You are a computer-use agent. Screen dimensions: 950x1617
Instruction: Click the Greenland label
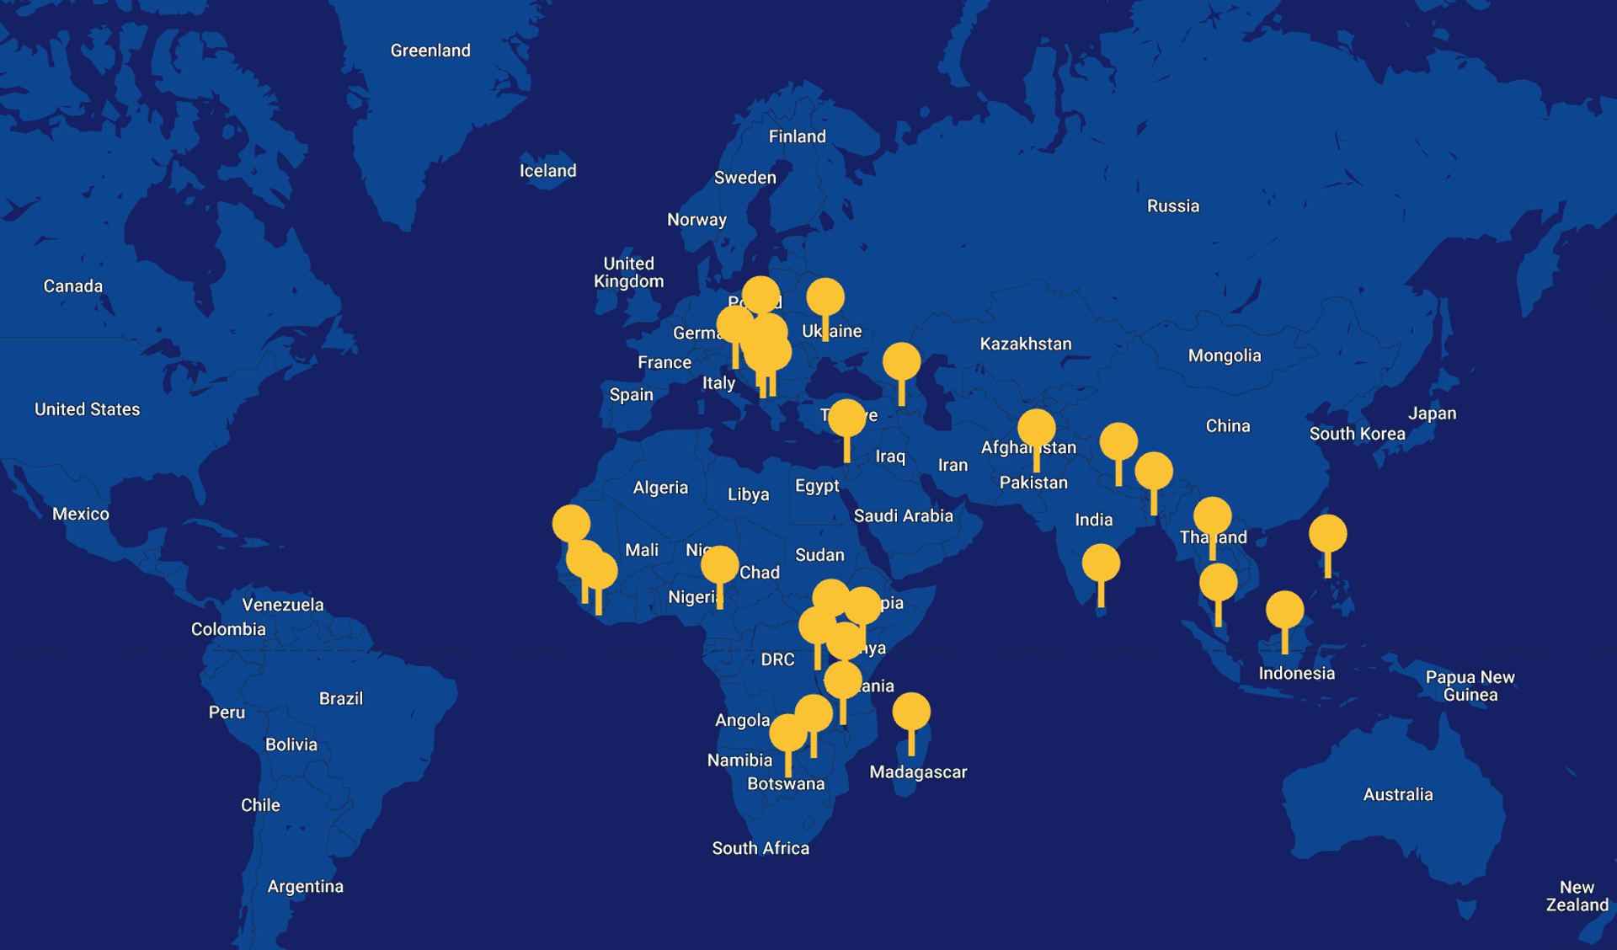coord(430,51)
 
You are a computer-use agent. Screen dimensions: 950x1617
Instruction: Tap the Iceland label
coord(547,171)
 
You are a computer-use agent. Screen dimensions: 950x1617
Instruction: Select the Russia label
coord(1172,206)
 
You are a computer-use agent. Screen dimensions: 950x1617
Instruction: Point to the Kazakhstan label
coord(1025,344)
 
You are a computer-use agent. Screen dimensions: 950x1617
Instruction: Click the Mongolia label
coord(1224,355)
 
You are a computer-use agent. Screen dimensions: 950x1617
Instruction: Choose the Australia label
coord(1397,794)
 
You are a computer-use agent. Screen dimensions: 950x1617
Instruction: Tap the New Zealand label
coord(1577,896)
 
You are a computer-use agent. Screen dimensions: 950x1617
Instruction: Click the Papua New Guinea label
coord(1470,686)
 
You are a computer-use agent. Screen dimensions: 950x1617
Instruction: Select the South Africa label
coord(760,848)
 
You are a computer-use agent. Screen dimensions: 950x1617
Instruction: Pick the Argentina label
coord(305,886)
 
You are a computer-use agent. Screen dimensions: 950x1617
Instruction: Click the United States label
coord(87,409)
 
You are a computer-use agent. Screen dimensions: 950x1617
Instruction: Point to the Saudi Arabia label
coord(903,515)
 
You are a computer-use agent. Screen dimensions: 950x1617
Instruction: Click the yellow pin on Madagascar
coord(911,712)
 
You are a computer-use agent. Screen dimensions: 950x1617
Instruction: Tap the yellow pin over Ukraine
coord(825,298)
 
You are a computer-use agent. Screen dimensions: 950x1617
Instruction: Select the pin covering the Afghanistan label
coord(1036,429)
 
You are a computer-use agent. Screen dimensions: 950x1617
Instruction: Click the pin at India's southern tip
coord(1101,563)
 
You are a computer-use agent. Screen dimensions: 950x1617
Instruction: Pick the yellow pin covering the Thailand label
coord(1212,516)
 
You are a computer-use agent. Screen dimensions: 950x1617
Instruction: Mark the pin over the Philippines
coord(1327,534)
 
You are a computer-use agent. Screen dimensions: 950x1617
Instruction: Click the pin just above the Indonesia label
coord(1284,611)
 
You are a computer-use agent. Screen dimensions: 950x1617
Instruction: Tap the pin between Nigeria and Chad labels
coord(719,565)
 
